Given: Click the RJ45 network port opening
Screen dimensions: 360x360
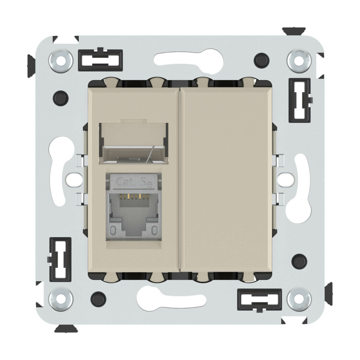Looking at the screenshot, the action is pos(133,212).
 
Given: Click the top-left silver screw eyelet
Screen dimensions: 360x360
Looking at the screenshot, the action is pos(60,61).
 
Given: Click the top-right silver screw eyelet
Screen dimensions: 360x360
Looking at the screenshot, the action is pos(299,61).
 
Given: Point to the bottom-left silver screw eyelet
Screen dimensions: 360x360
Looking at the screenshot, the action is pos(60,299).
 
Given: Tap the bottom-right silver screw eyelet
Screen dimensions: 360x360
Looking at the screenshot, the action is pos(299,299).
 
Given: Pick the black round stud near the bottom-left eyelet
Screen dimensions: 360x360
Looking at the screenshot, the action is pos(98,299).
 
